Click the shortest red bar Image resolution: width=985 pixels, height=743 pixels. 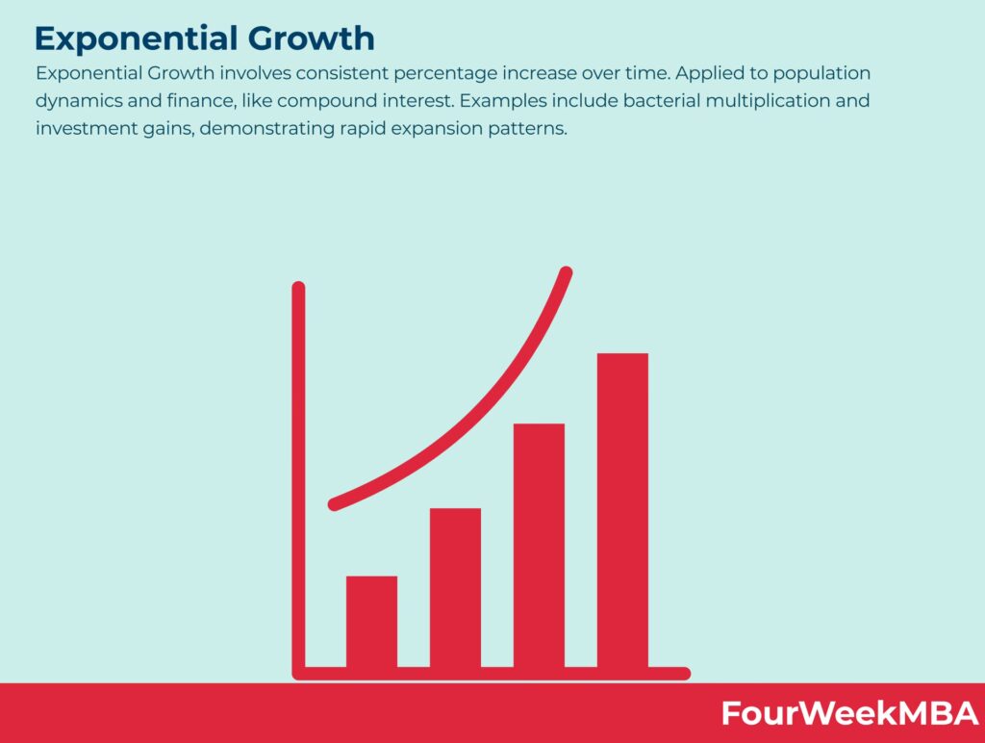click(x=371, y=622)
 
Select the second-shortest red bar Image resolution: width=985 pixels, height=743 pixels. click(x=455, y=588)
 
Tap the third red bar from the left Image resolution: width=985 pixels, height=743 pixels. click(x=539, y=546)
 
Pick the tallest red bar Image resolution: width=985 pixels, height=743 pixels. click(x=622, y=510)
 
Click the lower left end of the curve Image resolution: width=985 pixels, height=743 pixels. click(x=334, y=504)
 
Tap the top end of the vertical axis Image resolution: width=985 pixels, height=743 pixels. click(x=298, y=287)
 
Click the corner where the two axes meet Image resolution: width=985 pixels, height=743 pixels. click(x=299, y=674)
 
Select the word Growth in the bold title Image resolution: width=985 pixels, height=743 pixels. click(x=312, y=38)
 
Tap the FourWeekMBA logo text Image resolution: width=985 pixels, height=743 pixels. click(x=849, y=713)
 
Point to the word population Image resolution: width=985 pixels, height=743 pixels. click(x=821, y=73)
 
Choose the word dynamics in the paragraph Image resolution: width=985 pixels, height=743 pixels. click(x=79, y=101)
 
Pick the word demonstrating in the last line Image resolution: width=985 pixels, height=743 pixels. click(x=267, y=129)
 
